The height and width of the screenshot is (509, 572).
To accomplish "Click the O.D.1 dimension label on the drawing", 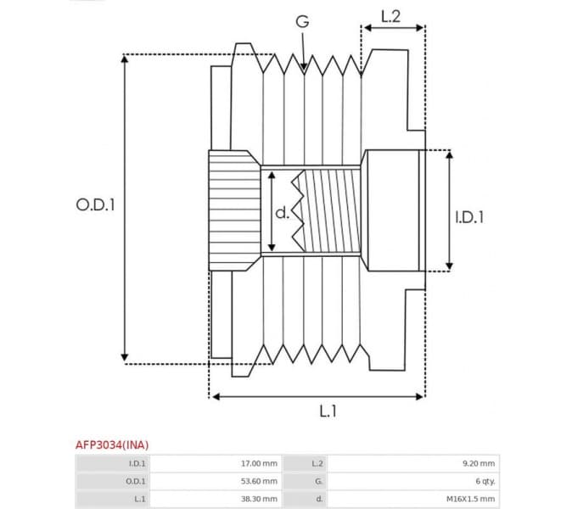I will coord(95,204).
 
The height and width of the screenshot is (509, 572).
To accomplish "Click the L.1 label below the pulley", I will coord(328,411).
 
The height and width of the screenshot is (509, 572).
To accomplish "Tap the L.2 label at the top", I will coord(391,14).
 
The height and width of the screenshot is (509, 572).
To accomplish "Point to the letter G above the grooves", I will coord(301,23).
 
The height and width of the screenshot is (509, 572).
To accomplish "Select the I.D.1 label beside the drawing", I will coord(468,217).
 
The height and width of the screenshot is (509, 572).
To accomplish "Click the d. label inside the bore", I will coord(282,213).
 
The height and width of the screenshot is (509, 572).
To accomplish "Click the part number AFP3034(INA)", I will coord(111,445).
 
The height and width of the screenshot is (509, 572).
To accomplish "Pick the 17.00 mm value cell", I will coord(259,463).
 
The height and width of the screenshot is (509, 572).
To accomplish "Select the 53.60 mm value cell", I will coord(259,481).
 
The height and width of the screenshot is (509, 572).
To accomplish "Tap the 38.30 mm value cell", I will coord(259,499).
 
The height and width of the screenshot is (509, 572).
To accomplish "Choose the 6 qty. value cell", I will coord(485,481).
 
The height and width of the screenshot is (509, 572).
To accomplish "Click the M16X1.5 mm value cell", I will coord(470,499).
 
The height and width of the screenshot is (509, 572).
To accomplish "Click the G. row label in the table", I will coord(317,481).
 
